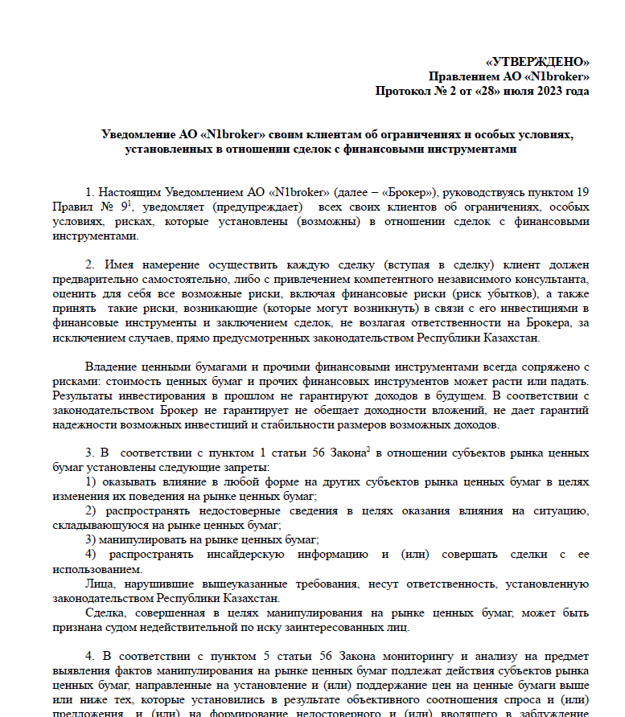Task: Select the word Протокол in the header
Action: pos(404,91)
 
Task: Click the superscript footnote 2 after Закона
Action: pos(368,450)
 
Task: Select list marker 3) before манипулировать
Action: pos(92,539)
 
